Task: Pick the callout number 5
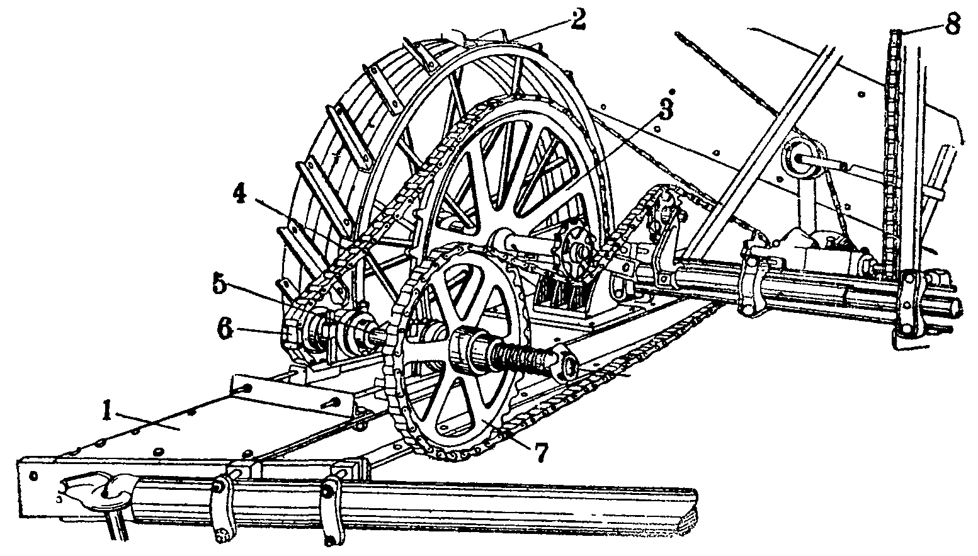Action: tap(220, 285)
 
